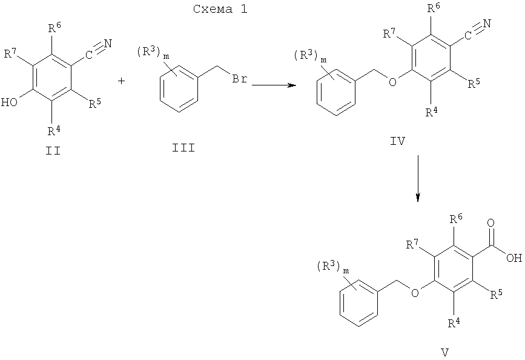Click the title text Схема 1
220,9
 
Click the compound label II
53,151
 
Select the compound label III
183,148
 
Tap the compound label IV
398,141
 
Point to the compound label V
445,352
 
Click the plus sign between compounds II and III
122,81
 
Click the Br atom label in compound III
240,79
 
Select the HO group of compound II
9,102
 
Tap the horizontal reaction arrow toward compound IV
274,85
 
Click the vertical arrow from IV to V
418,178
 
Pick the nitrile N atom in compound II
108,44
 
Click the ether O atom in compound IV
392,81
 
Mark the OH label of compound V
514,258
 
